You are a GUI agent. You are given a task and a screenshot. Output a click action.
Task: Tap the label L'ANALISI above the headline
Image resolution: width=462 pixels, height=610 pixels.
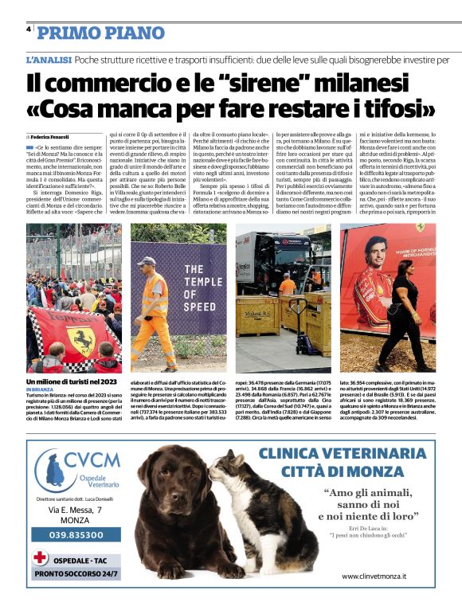pyautogui.click(x=49, y=60)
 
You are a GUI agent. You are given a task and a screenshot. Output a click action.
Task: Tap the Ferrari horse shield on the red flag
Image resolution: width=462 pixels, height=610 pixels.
pyautogui.click(x=80, y=339)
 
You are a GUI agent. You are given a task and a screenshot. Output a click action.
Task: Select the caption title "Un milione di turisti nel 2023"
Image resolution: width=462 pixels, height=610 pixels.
pyautogui.click(x=72, y=381)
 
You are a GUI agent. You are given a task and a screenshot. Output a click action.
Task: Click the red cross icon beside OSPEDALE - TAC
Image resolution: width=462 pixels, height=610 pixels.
pyautogui.click(x=41, y=557)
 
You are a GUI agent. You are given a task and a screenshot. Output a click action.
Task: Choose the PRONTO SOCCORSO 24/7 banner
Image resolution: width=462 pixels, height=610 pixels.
pyautogui.click(x=76, y=573)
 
